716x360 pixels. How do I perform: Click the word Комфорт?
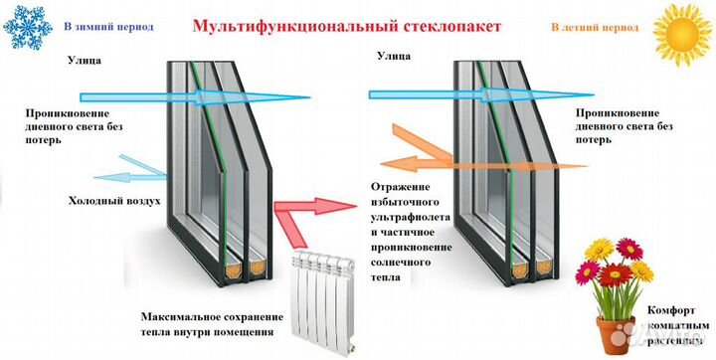coord(661,310)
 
